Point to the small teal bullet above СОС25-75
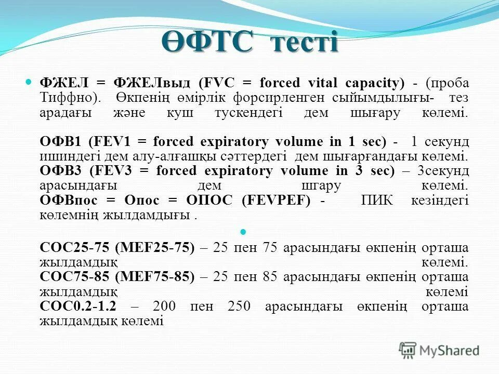(x=244, y=231)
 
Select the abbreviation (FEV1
(x=113, y=142)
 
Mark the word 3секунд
(x=441, y=171)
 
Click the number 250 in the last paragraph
(x=239, y=306)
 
